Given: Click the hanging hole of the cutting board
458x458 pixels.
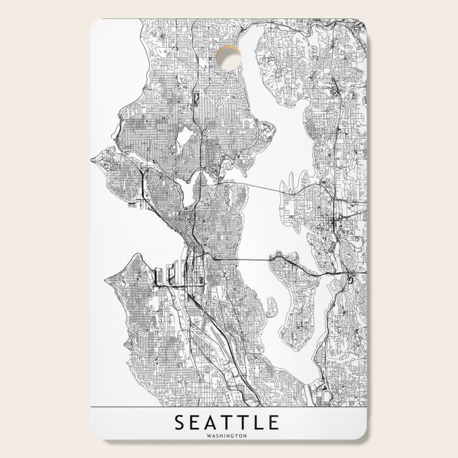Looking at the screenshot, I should pyautogui.click(x=228, y=60).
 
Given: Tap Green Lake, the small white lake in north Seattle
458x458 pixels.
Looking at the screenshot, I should pyautogui.click(x=185, y=136).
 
